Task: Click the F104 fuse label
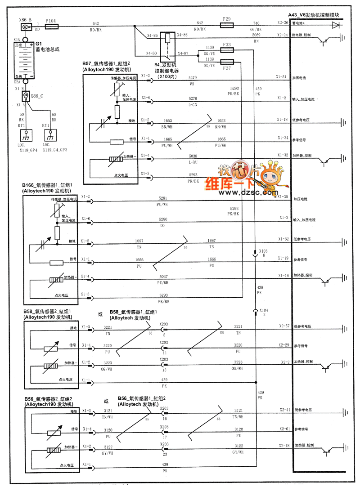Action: click(51, 21)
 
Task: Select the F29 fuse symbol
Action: click(227, 26)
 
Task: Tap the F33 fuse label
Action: click(227, 45)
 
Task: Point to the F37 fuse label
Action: click(227, 68)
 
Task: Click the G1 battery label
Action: click(32, 44)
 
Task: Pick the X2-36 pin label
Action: click(283, 22)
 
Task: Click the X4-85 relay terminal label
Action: click(152, 35)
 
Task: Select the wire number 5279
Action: click(193, 78)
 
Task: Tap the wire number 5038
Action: click(193, 156)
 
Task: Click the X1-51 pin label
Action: click(282, 77)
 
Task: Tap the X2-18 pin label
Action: click(283, 445)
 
